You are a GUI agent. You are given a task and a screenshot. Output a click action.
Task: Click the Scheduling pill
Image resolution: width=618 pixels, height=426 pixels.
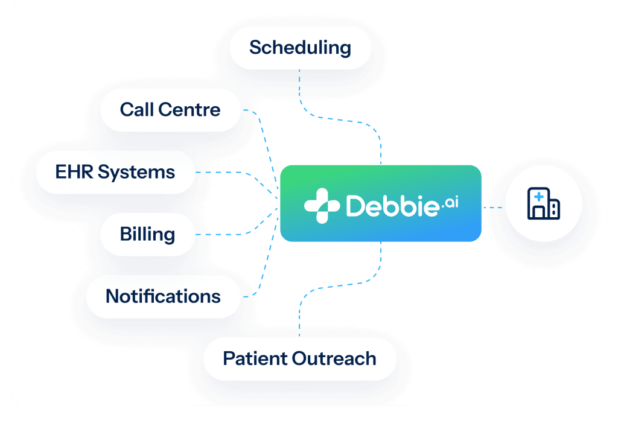301,48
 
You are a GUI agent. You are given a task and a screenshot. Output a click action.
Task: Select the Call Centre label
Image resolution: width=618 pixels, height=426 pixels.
170,110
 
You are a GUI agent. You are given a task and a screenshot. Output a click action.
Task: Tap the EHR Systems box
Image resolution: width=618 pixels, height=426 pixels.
115,172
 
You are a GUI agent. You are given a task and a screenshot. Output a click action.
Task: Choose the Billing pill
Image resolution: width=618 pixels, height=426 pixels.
148,235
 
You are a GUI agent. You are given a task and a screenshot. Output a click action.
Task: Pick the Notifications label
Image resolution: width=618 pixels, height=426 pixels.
163,296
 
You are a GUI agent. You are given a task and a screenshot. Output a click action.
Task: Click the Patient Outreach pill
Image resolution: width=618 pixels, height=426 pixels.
300,358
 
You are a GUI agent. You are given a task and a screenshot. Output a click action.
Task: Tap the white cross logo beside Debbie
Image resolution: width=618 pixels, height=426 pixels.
322,206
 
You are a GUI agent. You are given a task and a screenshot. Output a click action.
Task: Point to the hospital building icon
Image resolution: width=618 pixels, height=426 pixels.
544,203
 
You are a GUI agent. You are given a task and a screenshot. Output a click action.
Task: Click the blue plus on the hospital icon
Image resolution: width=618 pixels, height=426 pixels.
539,196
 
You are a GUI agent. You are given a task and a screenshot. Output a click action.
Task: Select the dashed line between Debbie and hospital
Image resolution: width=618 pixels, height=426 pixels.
493,208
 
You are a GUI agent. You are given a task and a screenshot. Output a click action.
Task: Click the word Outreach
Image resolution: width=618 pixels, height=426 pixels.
334,358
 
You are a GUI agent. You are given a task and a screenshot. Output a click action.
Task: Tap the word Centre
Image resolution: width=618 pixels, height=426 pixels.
190,110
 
